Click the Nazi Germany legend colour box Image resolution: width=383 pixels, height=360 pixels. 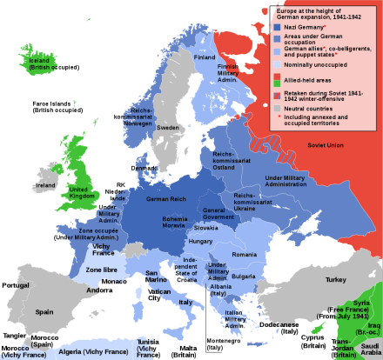pyautogui.click(x=275, y=28)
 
